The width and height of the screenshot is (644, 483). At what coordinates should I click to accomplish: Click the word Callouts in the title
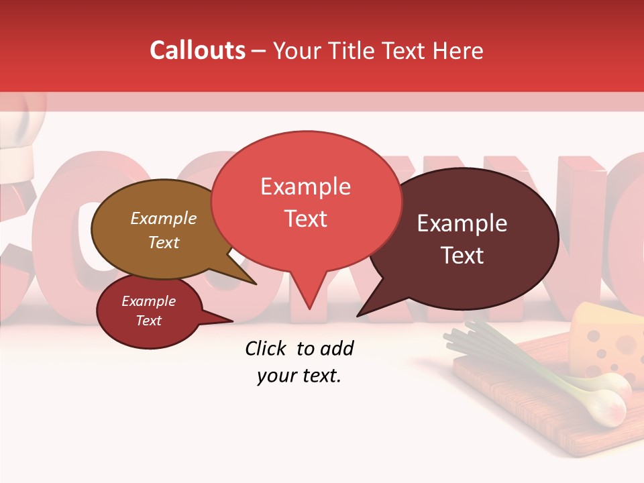197,50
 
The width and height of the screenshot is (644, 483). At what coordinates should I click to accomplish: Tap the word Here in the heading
458,51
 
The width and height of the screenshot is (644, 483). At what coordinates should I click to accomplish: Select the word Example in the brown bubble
163,218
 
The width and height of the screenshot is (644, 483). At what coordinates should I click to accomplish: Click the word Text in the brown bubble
163,242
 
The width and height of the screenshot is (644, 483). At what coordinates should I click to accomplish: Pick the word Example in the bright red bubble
305,186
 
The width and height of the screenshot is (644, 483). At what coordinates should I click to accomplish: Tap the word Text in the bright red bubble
305,219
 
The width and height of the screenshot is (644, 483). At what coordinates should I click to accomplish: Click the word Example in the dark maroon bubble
462,223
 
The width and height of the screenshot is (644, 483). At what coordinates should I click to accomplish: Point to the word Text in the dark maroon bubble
462,256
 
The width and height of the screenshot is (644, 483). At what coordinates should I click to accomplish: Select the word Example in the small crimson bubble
148,301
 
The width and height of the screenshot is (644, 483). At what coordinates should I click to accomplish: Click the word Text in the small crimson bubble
148,321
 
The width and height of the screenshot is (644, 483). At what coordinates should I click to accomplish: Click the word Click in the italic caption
267,348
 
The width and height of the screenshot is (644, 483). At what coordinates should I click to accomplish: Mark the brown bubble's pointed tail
254,283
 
